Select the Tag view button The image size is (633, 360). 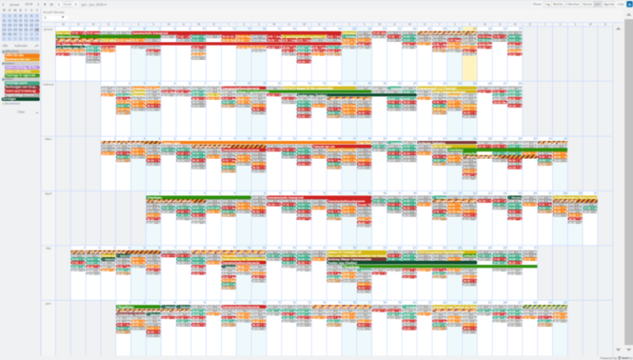pyautogui.click(x=548, y=4)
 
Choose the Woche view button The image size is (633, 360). pyautogui.click(x=558, y=4)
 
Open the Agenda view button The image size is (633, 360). pyautogui.click(x=609, y=4)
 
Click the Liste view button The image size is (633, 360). pyautogui.click(x=620, y=4)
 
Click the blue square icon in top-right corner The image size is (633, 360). pyautogui.click(x=629, y=4)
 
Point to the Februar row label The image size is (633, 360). pyautogui.click(x=48, y=83)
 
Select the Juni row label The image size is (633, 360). pyautogui.click(x=48, y=302)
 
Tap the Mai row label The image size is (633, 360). pyautogui.click(x=47, y=247)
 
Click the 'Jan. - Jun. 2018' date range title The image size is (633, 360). pyautogui.click(x=93, y=4)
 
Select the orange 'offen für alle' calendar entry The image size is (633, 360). pyautogui.click(x=20, y=56)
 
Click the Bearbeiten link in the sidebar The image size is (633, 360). pyautogui.click(x=12, y=104)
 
